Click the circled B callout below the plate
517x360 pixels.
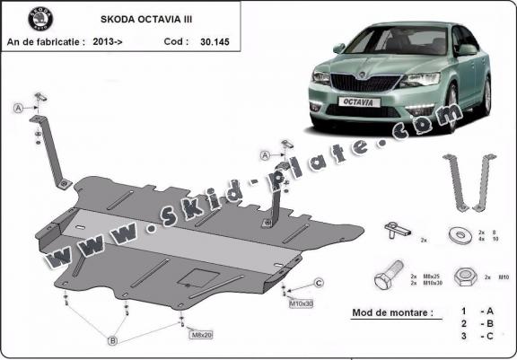(x=113, y=340)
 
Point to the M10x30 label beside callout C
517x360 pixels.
(x=301, y=303)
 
